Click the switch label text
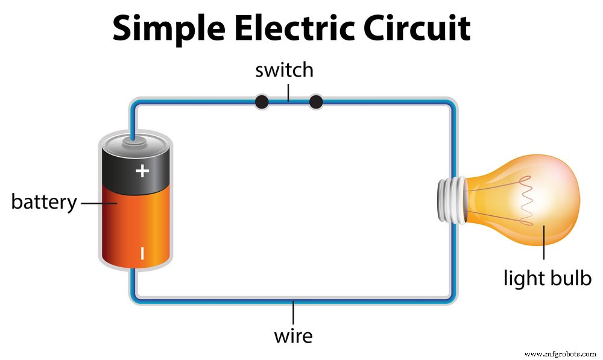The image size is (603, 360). [284, 70]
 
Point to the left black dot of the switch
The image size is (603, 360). [261, 103]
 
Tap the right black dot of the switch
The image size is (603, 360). [315, 103]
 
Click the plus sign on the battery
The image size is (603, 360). [142, 171]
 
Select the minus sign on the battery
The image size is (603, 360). [142, 253]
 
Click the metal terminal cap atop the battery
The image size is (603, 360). [134, 143]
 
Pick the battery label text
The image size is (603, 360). [44, 202]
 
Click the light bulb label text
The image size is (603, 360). [547, 279]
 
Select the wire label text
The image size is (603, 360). [294, 335]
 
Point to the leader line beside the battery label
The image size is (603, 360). [90, 203]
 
